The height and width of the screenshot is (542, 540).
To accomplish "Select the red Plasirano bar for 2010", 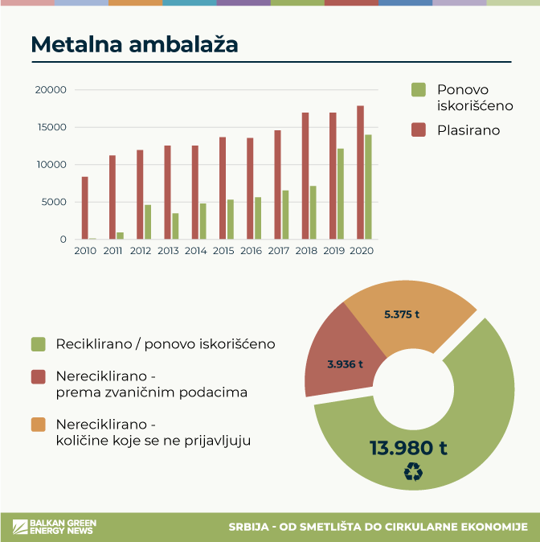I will click(85, 208).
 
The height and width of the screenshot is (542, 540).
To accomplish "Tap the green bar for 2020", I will click(368, 187).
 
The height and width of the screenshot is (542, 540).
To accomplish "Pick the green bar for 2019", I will click(341, 194).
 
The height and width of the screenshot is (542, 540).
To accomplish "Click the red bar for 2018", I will click(305, 176).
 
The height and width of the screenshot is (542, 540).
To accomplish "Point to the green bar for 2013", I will click(175, 226).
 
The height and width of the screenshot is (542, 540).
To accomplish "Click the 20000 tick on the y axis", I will click(51, 90).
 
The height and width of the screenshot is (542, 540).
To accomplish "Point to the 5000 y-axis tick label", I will click(54, 202).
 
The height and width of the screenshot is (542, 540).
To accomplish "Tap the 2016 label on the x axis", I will click(251, 251).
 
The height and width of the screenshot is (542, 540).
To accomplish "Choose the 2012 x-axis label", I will click(140, 251).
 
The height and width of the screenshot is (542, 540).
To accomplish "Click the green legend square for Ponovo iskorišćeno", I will click(418, 90).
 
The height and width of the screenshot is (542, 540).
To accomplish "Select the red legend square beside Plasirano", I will click(418, 129).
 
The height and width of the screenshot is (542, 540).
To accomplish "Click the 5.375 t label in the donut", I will click(402, 314).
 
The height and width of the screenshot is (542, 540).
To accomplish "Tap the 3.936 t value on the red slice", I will click(346, 363).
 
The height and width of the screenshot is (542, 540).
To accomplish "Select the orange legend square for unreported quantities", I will click(38, 424).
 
